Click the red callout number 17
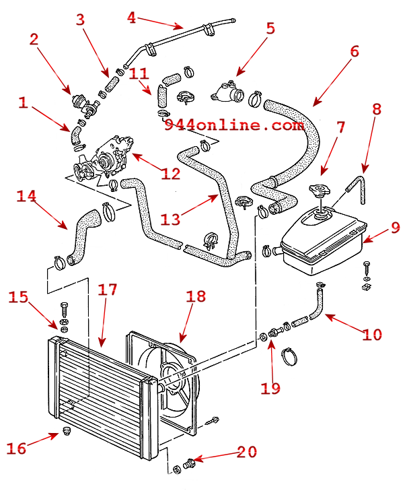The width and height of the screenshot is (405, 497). point(107,290)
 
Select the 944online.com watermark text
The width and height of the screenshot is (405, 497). point(234,125)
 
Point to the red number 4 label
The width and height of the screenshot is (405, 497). point(131,18)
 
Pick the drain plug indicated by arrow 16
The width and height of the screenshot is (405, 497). point(67,431)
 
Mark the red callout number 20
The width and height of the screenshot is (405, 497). point(247,452)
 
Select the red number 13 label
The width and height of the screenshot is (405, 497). point(170,219)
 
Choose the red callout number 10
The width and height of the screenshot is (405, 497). point(373,334)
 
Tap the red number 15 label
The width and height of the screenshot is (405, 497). point(18,297)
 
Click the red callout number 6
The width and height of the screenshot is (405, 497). point(355,52)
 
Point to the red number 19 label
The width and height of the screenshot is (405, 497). point(270,388)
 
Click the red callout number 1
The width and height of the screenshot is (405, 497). point(23,103)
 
